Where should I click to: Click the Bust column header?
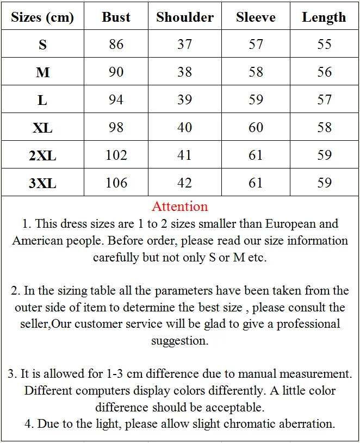(116, 17)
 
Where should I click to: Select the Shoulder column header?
(185, 17)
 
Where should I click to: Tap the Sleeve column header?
(256, 17)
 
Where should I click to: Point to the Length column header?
(324, 17)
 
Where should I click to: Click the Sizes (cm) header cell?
(42, 17)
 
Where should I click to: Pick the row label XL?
(42, 128)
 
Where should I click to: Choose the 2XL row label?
(42, 155)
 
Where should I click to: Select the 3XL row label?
(42, 183)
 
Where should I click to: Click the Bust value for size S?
(116, 44)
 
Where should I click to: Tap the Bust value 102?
(116, 155)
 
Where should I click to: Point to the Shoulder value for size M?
(185, 72)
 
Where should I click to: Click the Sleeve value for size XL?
(256, 127)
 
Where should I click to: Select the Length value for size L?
(324, 99)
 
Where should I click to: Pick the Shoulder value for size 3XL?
(185, 183)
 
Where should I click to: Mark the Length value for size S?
(324, 44)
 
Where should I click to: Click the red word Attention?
(179, 207)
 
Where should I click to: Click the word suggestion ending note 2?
(179, 341)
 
